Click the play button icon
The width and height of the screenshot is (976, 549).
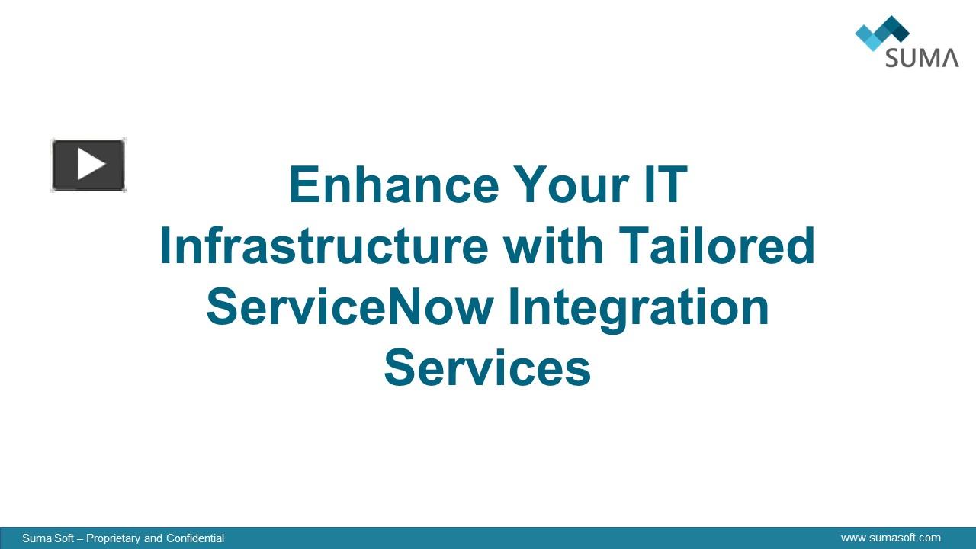point(88,165)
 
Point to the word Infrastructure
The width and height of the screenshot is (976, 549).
point(323,246)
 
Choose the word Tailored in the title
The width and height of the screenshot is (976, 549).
point(717,246)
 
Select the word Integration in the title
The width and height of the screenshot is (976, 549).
point(639,307)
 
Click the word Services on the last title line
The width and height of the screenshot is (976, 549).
point(487,368)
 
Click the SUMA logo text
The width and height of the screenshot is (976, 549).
point(922,58)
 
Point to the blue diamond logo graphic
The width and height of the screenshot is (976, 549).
point(881,33)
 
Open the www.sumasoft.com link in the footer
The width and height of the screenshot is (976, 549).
point(891,538)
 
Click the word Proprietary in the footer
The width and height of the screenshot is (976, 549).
point(114,538)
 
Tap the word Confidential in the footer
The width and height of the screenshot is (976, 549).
point(195,538)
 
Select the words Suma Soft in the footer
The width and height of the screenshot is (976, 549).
point(48,538)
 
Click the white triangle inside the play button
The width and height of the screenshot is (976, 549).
point(91,165)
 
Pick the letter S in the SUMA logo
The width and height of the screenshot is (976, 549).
point(893,58)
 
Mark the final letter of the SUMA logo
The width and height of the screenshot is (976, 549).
point(949,58)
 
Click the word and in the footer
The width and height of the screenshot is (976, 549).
point(153,538)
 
